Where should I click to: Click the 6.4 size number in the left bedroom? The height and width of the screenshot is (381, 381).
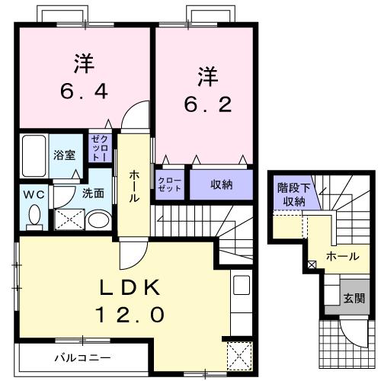tap(84, 93)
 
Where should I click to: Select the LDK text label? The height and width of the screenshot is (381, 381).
tap(129, 287)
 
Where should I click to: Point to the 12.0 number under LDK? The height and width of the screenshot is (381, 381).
tap(129, 314)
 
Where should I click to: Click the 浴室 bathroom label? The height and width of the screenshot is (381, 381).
tap(64, 155)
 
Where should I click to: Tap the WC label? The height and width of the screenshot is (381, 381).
tap(33, 194)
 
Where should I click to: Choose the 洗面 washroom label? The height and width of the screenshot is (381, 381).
tap(94, 193)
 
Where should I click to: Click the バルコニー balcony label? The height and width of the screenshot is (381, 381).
tap(82, 357)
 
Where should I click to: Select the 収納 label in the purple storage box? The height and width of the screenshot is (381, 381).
tap(222, 184)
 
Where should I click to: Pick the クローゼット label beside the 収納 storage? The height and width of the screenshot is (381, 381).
tap(170, 184)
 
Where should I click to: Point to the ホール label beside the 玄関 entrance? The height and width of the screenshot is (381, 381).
tap(342, 257)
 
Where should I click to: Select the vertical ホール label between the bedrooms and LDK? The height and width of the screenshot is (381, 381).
tap(134, 185)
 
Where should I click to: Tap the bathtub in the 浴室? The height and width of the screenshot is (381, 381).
tap(34, 155)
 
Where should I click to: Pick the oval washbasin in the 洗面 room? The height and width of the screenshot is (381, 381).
tap(98, 221)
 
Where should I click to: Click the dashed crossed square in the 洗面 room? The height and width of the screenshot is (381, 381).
tap(66, 219)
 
